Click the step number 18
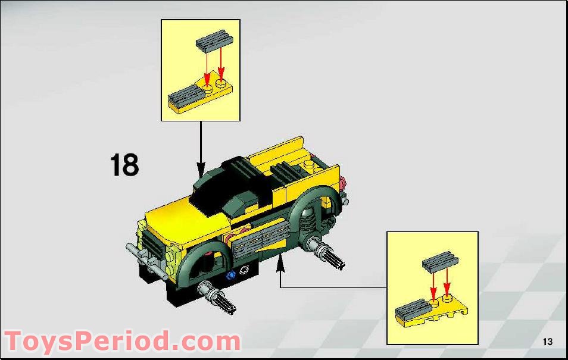(x=124, y=165)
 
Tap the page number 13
(x=547, y=342)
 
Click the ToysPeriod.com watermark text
(x=122, y=342)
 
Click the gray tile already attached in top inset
(x=185, y=95)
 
